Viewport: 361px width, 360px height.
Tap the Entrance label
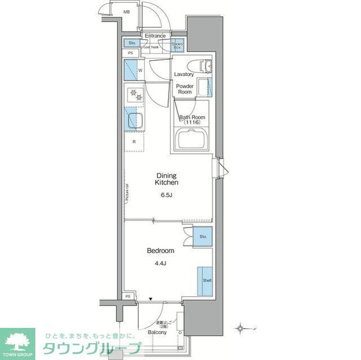point(155,36)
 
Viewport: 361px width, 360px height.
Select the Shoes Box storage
point(177,45)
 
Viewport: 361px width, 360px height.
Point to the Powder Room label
point(186,89)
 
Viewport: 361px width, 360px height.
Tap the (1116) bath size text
point(192,122)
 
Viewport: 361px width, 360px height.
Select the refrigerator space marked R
point(134,142)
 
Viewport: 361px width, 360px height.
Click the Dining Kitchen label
point(168,179)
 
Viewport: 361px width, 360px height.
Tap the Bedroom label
point(161,251)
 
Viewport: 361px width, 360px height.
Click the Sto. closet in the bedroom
point(202,237)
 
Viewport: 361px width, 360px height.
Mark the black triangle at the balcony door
point(151,300)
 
